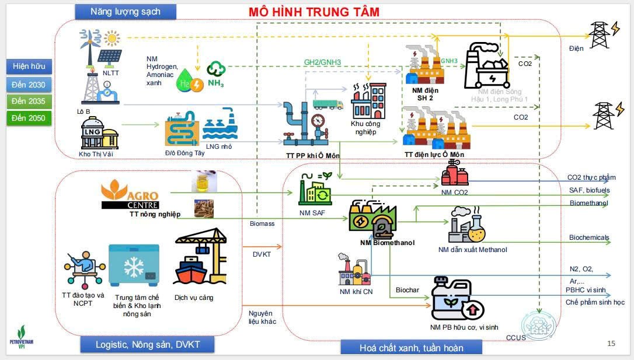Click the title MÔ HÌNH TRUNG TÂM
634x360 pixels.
click(314, 12)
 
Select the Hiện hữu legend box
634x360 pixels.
click(29, 66)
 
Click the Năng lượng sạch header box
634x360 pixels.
click(125, 11)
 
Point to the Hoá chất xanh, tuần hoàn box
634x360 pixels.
click(412, 348)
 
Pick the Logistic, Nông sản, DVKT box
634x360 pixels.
click(148, 345)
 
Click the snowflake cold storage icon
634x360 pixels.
click(134, 266)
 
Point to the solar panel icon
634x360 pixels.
click(109, 56)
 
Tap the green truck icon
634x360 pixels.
click(328, 104)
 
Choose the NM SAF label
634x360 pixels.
click(313, 213)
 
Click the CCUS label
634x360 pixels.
click(516, 337)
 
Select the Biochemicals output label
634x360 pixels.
click(589, 237)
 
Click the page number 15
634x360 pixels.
click(611, 343)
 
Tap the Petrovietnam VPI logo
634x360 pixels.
click(25, 338)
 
